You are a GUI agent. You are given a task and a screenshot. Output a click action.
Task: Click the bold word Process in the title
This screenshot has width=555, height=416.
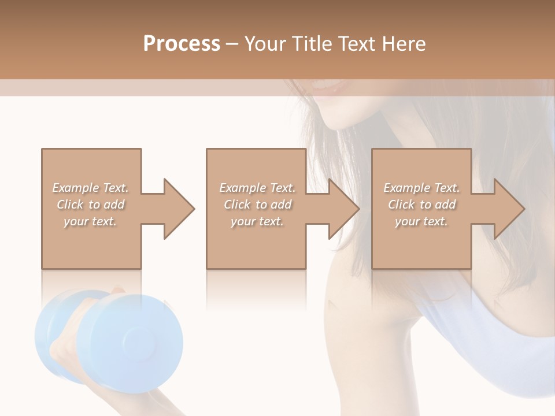coord(182,44)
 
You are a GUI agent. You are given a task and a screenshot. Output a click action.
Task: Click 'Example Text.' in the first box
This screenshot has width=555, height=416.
coord(91,188)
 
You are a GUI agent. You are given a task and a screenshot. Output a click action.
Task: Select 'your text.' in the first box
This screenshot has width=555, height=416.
coord(91,221)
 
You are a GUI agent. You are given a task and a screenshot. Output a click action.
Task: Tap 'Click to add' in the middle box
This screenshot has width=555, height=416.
coord(257,205)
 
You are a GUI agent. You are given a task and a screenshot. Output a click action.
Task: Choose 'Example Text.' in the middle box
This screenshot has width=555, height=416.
coord(257,188)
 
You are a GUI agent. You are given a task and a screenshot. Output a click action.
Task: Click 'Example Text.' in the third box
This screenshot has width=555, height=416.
coord(421,188)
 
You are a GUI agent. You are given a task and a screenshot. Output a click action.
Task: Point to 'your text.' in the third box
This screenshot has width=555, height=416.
coord(421,221)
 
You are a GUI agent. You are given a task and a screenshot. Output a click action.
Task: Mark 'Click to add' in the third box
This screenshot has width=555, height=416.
coord(421,205)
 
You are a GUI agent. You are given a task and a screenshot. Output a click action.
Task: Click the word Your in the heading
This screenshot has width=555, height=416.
coord(264,44)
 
